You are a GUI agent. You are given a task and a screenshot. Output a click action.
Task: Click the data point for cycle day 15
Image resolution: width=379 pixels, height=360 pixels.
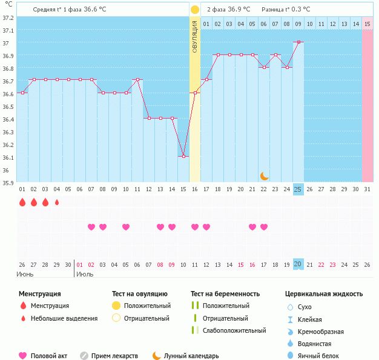click(x=183, y=157)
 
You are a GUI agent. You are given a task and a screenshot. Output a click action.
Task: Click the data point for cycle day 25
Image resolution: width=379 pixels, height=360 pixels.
click(x=298, y=42)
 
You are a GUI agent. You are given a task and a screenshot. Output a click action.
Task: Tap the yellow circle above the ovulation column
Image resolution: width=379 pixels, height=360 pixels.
click(x=195, y=10)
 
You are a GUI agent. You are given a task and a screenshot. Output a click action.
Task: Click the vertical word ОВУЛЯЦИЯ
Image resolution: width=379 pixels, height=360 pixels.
click(x=195, y=36)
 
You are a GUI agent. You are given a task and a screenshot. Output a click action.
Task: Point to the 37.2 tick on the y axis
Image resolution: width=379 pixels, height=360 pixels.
click(x=8, y=18)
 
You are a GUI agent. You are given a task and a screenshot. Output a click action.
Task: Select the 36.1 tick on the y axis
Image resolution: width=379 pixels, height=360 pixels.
click(x=8, y=158)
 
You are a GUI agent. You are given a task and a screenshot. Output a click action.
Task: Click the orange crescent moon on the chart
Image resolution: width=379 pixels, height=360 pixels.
click(x=264, y=176)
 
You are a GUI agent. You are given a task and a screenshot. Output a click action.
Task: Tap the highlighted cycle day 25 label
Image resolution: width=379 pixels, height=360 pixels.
click(x=298, y=189)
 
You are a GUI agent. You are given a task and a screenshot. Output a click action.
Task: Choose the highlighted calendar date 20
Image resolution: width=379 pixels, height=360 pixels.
click(x=298, y=264)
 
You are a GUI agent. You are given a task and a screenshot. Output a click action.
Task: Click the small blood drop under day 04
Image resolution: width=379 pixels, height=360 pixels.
click(x=57, y=203)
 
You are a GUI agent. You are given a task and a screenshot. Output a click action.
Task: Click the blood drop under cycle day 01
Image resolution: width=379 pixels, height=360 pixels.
click(x=22, y=203)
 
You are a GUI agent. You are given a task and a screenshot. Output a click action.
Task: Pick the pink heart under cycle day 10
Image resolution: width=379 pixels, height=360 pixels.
click(x=126, y=227)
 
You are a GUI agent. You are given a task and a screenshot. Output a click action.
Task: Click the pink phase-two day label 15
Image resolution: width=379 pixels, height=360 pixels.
click(x=367, y=24)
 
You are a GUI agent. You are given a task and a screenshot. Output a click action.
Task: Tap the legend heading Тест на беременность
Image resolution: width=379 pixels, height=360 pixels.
click(x=225, y=294)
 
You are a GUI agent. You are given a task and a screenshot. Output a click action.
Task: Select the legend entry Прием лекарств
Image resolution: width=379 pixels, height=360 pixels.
click(x=114, y=356)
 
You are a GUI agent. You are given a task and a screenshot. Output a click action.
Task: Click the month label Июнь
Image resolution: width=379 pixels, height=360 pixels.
click(x=25, y=274)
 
